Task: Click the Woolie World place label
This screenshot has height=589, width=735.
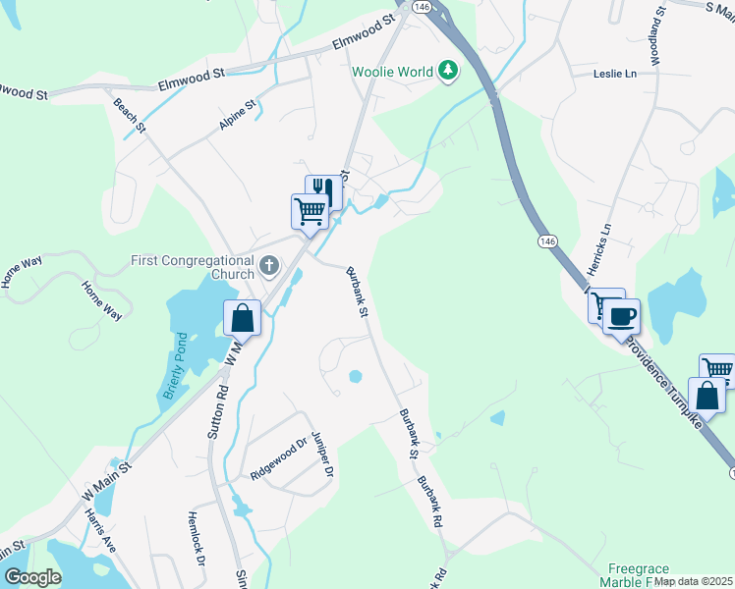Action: tap(394, 71)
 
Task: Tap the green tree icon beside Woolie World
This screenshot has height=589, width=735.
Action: tap(448, 70)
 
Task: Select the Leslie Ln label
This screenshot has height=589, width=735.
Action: tap(615, 74)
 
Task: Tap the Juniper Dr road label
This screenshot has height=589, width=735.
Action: tap(322, 451)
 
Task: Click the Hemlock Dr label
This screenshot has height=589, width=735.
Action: tap(196, 538)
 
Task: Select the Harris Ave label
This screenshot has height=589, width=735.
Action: tap(100, 529)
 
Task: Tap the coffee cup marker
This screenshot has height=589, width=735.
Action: tap(621, 317)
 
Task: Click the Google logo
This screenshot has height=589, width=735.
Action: tap(32, 577)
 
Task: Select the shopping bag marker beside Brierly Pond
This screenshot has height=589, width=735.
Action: tap(242, 318)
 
